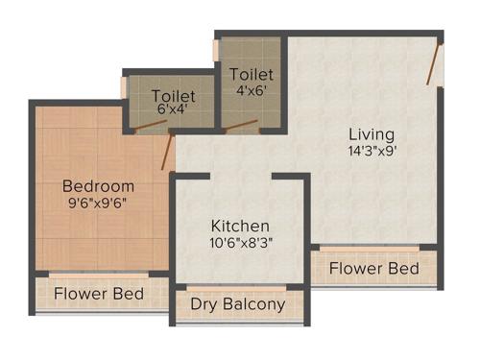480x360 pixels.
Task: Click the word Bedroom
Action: (98, 185)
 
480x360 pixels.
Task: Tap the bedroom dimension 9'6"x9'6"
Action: (98, 203)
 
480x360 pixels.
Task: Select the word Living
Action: (372, 133)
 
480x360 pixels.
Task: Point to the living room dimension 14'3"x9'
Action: (372, 151)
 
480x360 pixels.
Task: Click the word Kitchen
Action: (240, 226)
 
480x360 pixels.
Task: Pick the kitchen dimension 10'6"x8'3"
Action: (240, 243)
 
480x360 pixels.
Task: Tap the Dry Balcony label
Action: (238, 305)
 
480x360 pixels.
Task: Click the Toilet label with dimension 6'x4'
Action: (175, 96)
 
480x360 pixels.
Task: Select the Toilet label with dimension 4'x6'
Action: (252, 74)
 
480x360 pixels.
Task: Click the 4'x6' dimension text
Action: (252, 90)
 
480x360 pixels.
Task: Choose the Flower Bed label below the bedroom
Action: (99, 293)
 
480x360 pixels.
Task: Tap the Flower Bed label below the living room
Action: (374, 268)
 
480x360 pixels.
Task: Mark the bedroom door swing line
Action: (169, 152)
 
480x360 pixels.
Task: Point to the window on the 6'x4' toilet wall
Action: (123, 86)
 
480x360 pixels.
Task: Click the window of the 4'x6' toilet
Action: (218, 47)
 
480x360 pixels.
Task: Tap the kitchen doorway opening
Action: (240, 177)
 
